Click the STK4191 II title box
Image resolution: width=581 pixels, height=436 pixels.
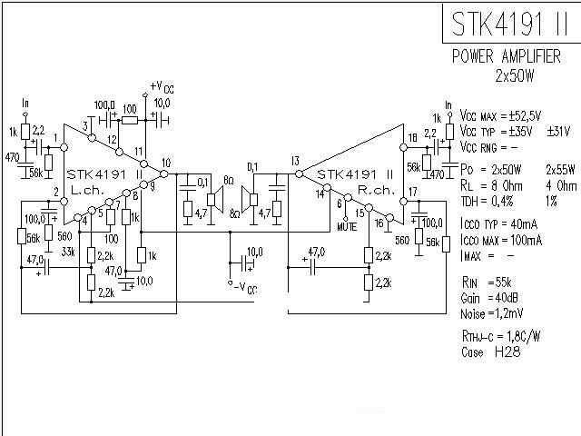[511, 23]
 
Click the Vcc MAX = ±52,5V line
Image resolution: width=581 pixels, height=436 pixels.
[501, 116]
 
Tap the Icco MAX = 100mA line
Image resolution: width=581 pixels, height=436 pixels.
[502, 240]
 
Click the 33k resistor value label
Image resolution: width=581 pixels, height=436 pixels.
[67, 252]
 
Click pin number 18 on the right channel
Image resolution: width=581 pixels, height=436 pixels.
[413, 137]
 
